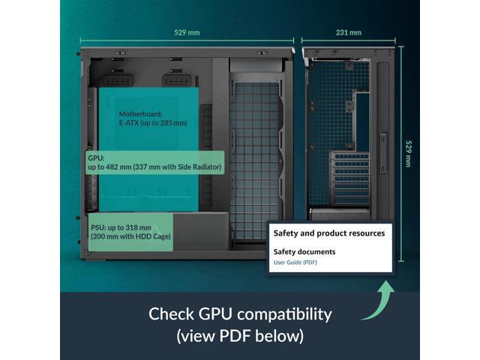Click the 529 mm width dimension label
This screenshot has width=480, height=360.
[187, 33]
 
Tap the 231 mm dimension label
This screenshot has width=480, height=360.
[349, 33]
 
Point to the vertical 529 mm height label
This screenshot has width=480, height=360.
[408, 154]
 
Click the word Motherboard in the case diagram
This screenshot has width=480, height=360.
[140, 114]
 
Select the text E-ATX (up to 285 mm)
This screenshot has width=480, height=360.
[153, 123]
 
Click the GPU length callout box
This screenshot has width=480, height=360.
[154, 163]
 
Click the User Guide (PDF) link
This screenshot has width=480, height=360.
[295, 262]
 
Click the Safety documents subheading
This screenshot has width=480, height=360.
[304, 252]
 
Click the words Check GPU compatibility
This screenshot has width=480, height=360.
[240, 313]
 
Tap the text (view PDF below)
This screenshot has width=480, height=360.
[240, 335]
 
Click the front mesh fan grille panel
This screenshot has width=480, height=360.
[256, 157]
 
